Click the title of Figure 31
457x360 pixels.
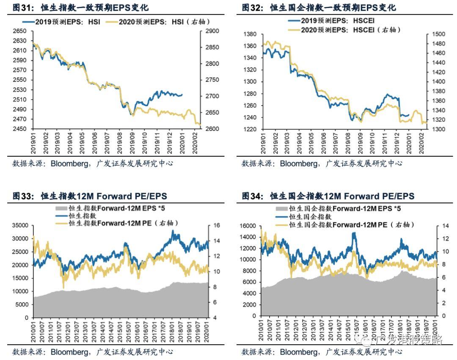(80, 8)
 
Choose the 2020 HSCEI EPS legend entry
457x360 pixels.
(345, 30)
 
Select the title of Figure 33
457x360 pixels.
(90, 196)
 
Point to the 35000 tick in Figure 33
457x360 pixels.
(19, 226)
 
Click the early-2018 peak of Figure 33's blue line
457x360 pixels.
(173, 231)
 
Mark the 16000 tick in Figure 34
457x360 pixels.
(248, 226)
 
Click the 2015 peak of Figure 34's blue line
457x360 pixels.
(354, 233)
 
